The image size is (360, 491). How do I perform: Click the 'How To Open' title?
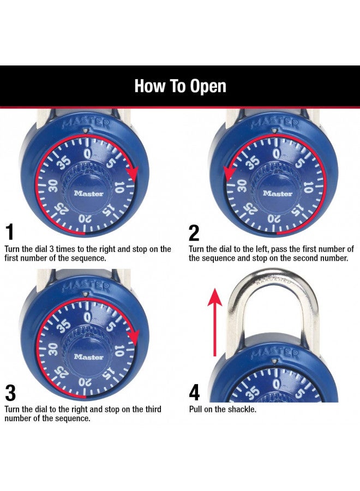click(x=180, y=86)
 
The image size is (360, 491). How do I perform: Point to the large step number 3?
click(x=10, y=393)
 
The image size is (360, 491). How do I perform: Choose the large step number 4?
click(x=195, y=393)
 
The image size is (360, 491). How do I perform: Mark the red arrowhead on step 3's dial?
click(x=131, y=335)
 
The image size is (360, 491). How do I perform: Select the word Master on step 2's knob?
click(x=278, y=193)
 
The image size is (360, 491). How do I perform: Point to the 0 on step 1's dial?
click(x=87, y=154)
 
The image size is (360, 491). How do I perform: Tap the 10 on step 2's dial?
click(x=308, y=188)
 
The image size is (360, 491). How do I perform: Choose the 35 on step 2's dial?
click(x=252, y=163)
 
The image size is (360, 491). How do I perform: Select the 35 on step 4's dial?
click(x=252, y=392)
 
